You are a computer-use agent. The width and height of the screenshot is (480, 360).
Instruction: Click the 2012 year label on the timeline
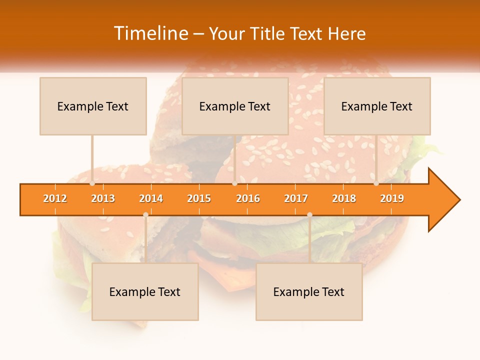coord(55,198)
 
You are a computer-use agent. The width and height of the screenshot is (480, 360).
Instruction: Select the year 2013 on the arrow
coord(103,198)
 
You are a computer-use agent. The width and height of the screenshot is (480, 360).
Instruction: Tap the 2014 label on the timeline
coord(151,198)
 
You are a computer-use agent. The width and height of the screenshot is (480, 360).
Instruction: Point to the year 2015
coord(199,198)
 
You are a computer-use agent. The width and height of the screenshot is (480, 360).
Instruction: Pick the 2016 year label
coord(248,198)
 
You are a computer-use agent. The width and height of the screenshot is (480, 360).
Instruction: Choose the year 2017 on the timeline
coord(296,198)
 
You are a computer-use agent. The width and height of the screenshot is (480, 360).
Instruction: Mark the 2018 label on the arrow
coord(344,198)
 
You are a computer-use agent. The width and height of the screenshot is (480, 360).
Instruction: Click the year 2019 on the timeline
coord(392,198)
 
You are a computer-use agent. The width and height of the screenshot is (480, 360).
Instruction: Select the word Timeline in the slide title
coord(150,33)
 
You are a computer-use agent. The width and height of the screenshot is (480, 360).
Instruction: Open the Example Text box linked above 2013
coord(93,106)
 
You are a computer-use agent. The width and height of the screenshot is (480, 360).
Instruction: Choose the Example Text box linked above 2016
coord(235,106)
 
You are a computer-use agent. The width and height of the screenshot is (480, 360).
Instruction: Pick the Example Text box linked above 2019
coord(377,106)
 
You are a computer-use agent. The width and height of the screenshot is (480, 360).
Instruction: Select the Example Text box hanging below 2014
coord(145,291)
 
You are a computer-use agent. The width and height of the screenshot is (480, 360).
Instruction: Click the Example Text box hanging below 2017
coord(309,291)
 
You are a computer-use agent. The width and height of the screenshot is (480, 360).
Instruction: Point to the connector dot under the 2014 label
coord(145,214)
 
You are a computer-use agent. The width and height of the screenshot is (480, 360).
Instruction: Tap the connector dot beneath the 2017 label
coord(309,214)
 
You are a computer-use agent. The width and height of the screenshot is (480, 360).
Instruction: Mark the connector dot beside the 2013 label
coord(92,183)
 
